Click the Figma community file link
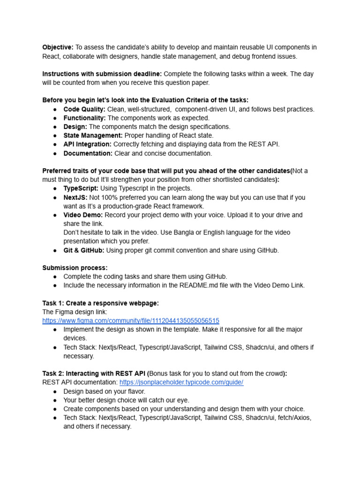130,321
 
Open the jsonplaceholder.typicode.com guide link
181,382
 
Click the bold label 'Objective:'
58,47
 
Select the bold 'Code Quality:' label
84,109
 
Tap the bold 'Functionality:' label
84,118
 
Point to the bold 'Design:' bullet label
75,127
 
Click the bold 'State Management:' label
93,135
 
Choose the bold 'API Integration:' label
87,144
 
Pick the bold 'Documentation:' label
88,153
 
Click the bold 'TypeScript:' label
81,188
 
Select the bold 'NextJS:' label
75,197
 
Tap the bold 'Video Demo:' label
83,215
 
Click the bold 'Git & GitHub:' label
84,250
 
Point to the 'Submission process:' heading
75,268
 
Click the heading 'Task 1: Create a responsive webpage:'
100,303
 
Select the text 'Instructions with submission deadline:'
102,74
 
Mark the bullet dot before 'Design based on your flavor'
54,391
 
